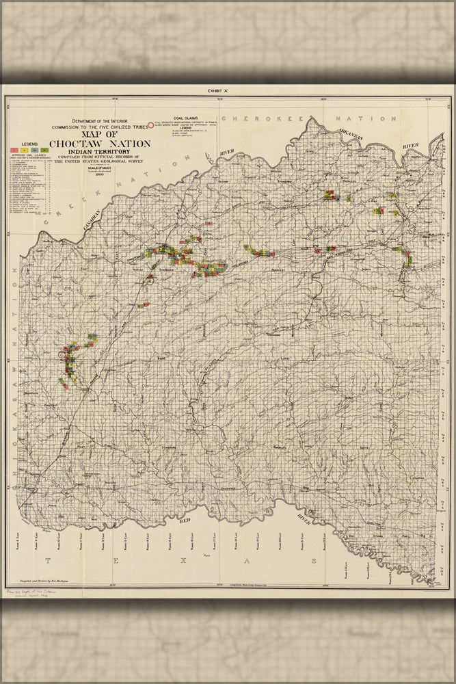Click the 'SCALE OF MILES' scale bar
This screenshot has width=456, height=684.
(99, 171)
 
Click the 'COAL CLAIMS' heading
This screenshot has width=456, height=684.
(186, 117)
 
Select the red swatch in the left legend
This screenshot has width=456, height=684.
(14, 148)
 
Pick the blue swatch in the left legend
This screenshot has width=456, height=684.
(34, 148)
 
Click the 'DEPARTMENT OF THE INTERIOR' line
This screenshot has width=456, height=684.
(97, 120)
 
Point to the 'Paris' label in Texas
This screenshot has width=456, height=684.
(205, 556)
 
